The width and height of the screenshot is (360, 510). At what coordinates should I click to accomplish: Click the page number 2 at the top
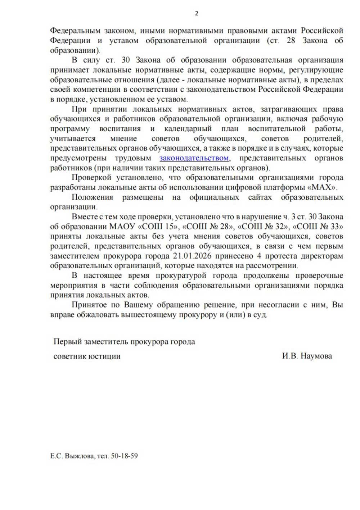[x=196, y=14]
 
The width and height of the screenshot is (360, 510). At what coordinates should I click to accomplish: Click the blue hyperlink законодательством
[x=194, y=158]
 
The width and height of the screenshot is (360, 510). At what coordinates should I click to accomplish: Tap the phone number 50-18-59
[x=124, y=456]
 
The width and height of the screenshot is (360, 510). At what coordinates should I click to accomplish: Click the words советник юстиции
[x=87, y=356]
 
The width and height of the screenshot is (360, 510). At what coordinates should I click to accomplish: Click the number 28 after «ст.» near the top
[x=291, y=40]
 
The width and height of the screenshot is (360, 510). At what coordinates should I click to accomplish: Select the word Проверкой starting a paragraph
[x=91, y=178]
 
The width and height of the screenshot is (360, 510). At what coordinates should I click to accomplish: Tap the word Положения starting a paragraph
[x=92, y=197]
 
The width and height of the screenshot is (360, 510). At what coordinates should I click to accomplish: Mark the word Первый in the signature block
[x=67, y=342]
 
